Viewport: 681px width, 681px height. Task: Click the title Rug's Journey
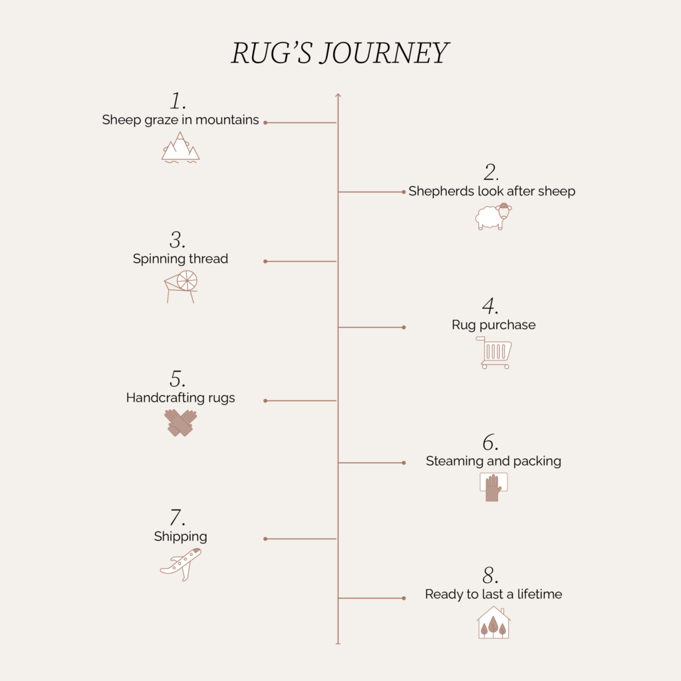340,53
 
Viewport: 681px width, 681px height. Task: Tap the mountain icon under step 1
180,148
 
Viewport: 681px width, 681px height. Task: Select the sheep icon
493,216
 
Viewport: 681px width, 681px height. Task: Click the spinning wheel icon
181,286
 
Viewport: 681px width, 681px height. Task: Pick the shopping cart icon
494,352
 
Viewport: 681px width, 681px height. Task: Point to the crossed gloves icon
180,422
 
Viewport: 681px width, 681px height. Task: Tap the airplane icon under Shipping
181,564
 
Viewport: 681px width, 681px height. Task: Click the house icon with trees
493,622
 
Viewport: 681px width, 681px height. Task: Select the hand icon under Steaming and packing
493,487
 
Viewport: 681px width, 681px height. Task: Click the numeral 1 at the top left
178,101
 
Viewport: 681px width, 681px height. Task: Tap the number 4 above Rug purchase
490,306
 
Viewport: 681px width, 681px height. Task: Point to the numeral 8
490,575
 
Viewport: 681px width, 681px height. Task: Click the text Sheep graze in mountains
180,120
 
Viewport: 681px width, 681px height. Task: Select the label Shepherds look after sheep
491,191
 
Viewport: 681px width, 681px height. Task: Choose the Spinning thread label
180,259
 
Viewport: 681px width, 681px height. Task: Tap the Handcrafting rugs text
180,398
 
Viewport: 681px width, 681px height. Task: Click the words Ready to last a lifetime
493,594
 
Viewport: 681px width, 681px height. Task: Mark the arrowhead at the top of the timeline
338,95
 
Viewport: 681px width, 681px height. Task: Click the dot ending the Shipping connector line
265,539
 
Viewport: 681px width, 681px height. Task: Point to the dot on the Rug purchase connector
404,327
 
